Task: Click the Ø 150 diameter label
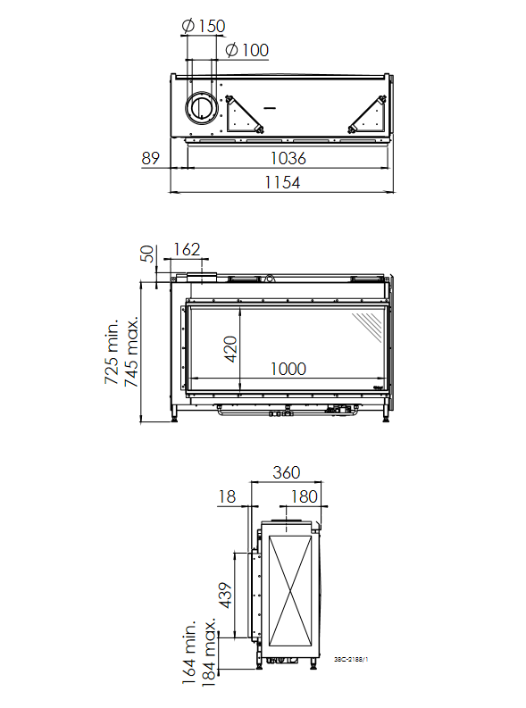point(204,26)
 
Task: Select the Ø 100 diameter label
point(247,50)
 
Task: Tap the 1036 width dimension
point(288,158)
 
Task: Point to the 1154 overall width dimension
point(282,182)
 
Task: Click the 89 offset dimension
point(150,158)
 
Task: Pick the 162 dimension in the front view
point(187,249)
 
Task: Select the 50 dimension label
point(147,254)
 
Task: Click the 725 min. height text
point(112,352)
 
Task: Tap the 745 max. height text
point(131,352)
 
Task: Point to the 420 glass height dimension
point(230,348)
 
